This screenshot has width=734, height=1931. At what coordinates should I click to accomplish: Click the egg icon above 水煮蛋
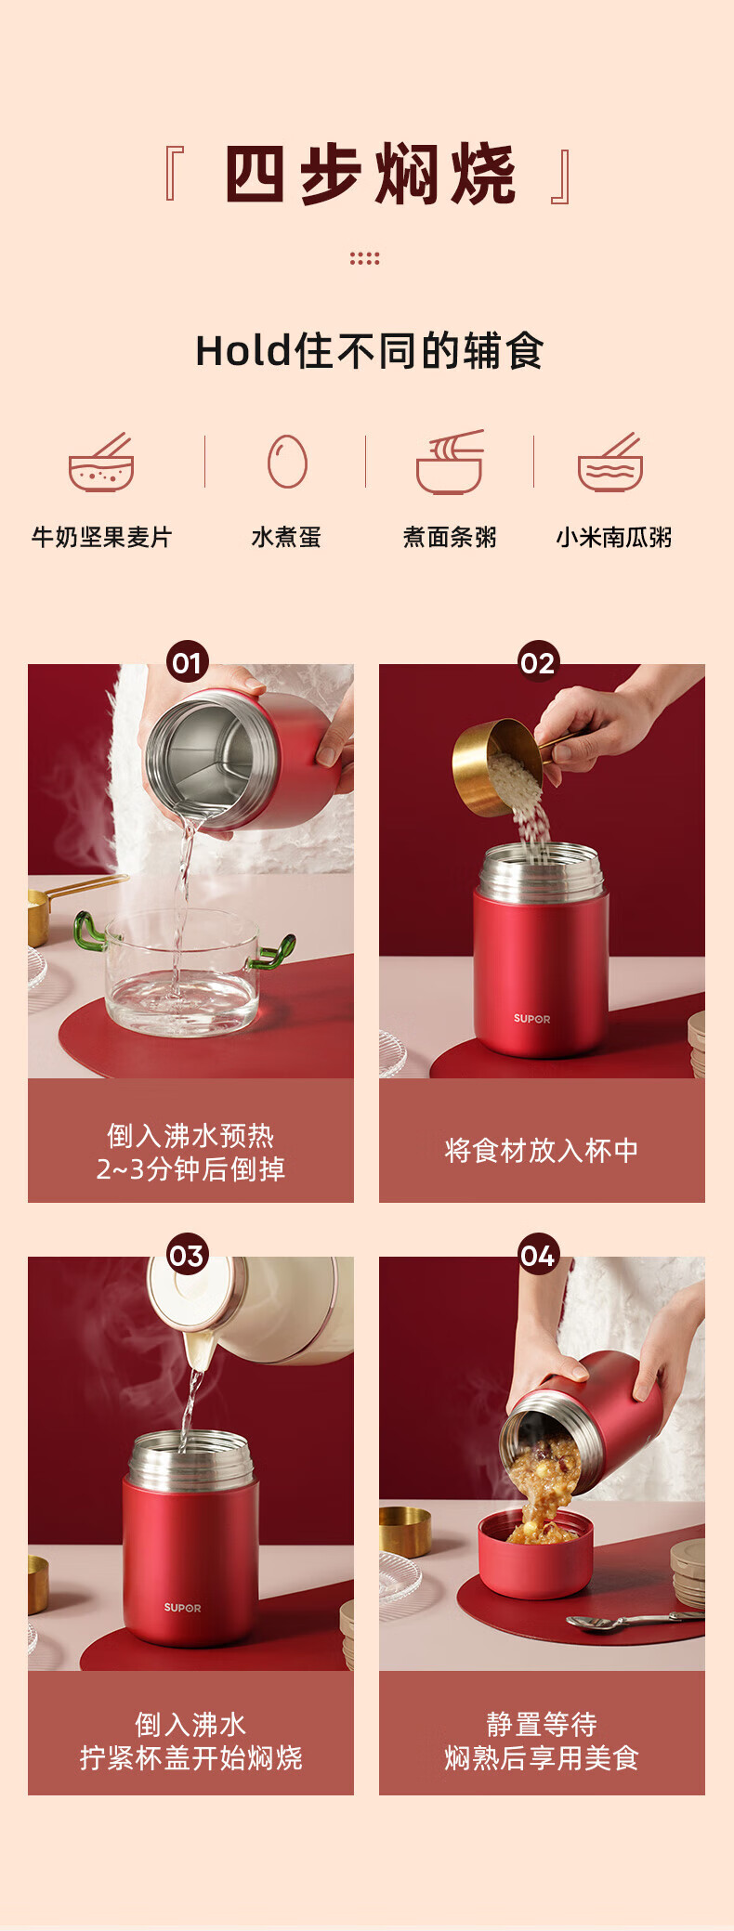[287, 461]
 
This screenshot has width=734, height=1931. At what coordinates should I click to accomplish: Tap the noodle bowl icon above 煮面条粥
[450, 462]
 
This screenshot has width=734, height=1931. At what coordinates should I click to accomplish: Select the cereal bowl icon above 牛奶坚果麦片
[101, 462]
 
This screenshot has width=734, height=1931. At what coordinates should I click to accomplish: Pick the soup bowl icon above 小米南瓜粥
[610, 462]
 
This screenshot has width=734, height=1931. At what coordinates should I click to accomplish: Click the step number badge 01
[187, 662]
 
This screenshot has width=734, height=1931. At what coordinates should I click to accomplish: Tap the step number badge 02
[538, 662]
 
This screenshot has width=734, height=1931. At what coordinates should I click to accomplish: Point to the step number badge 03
[187, 1255]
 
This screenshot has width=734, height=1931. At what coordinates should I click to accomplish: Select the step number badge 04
[538, 1255]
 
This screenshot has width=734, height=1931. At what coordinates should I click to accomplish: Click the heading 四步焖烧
[370, 174]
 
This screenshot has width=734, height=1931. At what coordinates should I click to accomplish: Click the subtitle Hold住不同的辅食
[369, 351]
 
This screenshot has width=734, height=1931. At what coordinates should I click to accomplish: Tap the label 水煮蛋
[286, 537]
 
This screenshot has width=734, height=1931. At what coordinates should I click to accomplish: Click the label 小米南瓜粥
[613, 537]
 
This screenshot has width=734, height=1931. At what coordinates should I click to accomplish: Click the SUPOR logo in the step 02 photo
[531, 1019]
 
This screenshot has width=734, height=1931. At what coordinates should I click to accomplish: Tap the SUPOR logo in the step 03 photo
[182, 1608]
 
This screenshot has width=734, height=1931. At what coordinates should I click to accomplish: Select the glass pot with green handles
[183, 971]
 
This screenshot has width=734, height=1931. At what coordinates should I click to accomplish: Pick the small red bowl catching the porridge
[535, 1554]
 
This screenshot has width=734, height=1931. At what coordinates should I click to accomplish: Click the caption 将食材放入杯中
[542, 1151]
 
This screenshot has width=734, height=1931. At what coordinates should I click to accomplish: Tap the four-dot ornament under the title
[365, 258]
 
